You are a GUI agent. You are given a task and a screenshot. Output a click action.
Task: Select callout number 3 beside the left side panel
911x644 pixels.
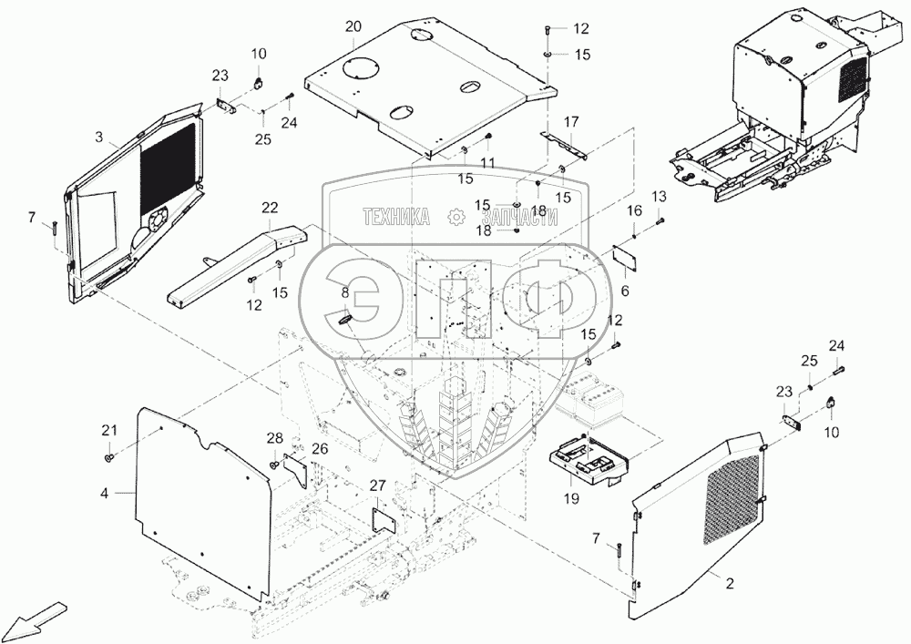(98, 138)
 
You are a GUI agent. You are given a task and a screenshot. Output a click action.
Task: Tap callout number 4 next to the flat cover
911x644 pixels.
(104, 493)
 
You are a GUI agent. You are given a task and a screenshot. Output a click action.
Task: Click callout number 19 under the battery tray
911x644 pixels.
(570, 498)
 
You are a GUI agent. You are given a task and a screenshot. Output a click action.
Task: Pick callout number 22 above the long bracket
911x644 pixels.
(270, 208)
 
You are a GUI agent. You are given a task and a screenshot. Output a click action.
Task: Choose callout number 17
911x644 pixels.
(571, 121)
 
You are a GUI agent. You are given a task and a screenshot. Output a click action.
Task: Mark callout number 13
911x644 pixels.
(659, 197)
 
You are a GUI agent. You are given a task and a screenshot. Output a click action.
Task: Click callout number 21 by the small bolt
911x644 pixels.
(109, 430)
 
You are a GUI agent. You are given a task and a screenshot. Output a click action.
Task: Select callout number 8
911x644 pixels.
(345, 292)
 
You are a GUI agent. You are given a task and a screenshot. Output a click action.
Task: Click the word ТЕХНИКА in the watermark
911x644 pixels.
(396, 217)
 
